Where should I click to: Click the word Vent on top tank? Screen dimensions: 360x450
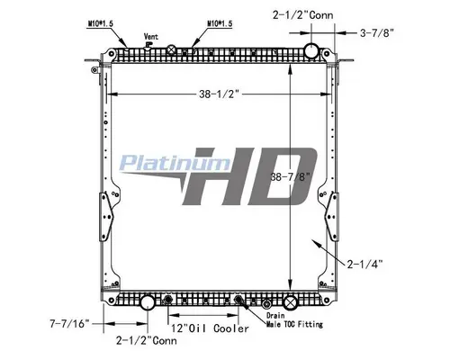click(150, 38)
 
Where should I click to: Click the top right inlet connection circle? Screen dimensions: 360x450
click(312, 49)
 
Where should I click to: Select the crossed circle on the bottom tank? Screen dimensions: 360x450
click(289, 301)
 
